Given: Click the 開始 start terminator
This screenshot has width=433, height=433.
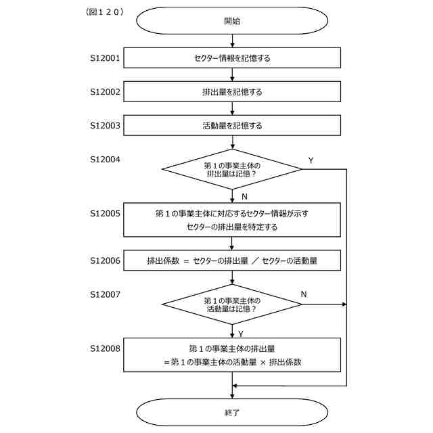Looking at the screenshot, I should [232, 20].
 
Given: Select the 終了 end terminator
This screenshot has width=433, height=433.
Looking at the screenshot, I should [232, 411].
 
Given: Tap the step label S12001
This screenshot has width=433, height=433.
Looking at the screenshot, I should [105, 58].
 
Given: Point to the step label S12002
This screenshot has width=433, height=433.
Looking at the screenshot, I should [105, 91].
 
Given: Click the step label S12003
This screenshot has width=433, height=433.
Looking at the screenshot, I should [105, 125].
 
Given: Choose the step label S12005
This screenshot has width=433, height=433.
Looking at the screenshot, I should [105, 213].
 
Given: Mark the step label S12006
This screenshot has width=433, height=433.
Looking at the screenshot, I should [105, 260].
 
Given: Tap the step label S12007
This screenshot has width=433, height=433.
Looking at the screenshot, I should [105, 294].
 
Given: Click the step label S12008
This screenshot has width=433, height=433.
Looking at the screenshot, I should [105, 348].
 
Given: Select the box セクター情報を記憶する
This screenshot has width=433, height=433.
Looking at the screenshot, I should [232, 58].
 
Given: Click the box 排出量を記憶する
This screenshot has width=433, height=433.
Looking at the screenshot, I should [232, 91].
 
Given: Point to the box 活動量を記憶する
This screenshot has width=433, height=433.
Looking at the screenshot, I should [232, 125].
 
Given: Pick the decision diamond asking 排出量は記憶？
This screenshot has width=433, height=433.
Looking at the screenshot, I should [232, 169].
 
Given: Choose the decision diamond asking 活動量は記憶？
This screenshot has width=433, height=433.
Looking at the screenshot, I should [232, 304].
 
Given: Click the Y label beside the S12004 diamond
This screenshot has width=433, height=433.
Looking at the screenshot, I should [311, 160].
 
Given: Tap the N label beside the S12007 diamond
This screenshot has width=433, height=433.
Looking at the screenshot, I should [304, 294].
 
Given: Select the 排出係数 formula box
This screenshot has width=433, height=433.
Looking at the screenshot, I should [232, 260].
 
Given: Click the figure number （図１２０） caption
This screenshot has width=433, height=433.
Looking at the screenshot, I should [105, 12].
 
